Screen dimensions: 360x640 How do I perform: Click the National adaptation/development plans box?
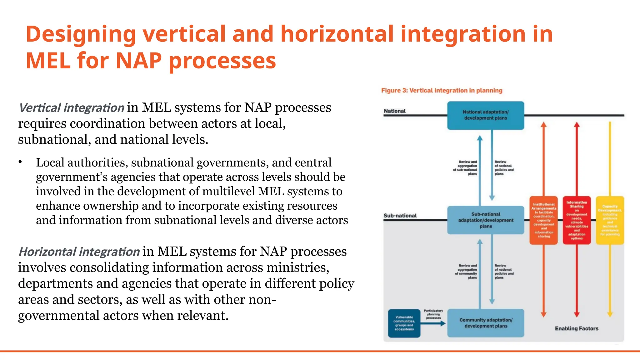485,115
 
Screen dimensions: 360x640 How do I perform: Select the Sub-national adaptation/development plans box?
485,220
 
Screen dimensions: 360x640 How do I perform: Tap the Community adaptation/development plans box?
485,323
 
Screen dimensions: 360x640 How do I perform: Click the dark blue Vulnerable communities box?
404,323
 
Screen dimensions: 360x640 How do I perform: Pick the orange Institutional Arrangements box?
543,220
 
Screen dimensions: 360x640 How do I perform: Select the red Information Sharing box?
577,220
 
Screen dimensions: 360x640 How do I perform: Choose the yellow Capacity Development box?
610,220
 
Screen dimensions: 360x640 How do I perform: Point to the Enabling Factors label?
576,328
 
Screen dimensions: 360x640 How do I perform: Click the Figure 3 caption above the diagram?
442,91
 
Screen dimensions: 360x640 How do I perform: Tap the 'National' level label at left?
394,111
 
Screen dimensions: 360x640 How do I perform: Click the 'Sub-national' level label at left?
400,216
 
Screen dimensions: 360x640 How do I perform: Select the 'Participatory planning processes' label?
433,314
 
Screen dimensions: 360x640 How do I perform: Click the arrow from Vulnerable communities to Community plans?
433,324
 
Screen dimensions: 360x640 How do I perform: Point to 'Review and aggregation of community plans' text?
466,271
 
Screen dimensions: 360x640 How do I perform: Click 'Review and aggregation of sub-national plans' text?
466,168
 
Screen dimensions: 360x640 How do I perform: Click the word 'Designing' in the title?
81,34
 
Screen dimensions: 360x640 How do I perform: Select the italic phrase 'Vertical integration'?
72,108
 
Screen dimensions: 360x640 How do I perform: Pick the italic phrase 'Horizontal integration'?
79,252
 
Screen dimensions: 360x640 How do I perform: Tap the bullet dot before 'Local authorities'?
20,162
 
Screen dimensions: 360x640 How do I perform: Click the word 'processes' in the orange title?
222,61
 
